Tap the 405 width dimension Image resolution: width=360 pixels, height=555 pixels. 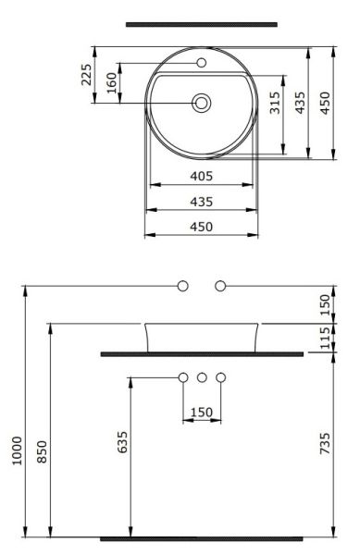(x=202, y=176)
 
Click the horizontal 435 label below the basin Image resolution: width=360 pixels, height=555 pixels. (x=202, y=201)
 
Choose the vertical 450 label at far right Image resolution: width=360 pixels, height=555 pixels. (x=325, y=103)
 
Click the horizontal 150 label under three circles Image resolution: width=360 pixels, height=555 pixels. (x=202, y=412)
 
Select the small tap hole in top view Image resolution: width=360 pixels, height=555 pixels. (x=202, y=64)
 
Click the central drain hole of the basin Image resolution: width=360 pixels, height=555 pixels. (x=202, y=102)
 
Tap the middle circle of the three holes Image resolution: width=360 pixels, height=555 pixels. (x=202, y=376)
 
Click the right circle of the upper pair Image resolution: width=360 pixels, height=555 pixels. (x=220, y=286)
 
